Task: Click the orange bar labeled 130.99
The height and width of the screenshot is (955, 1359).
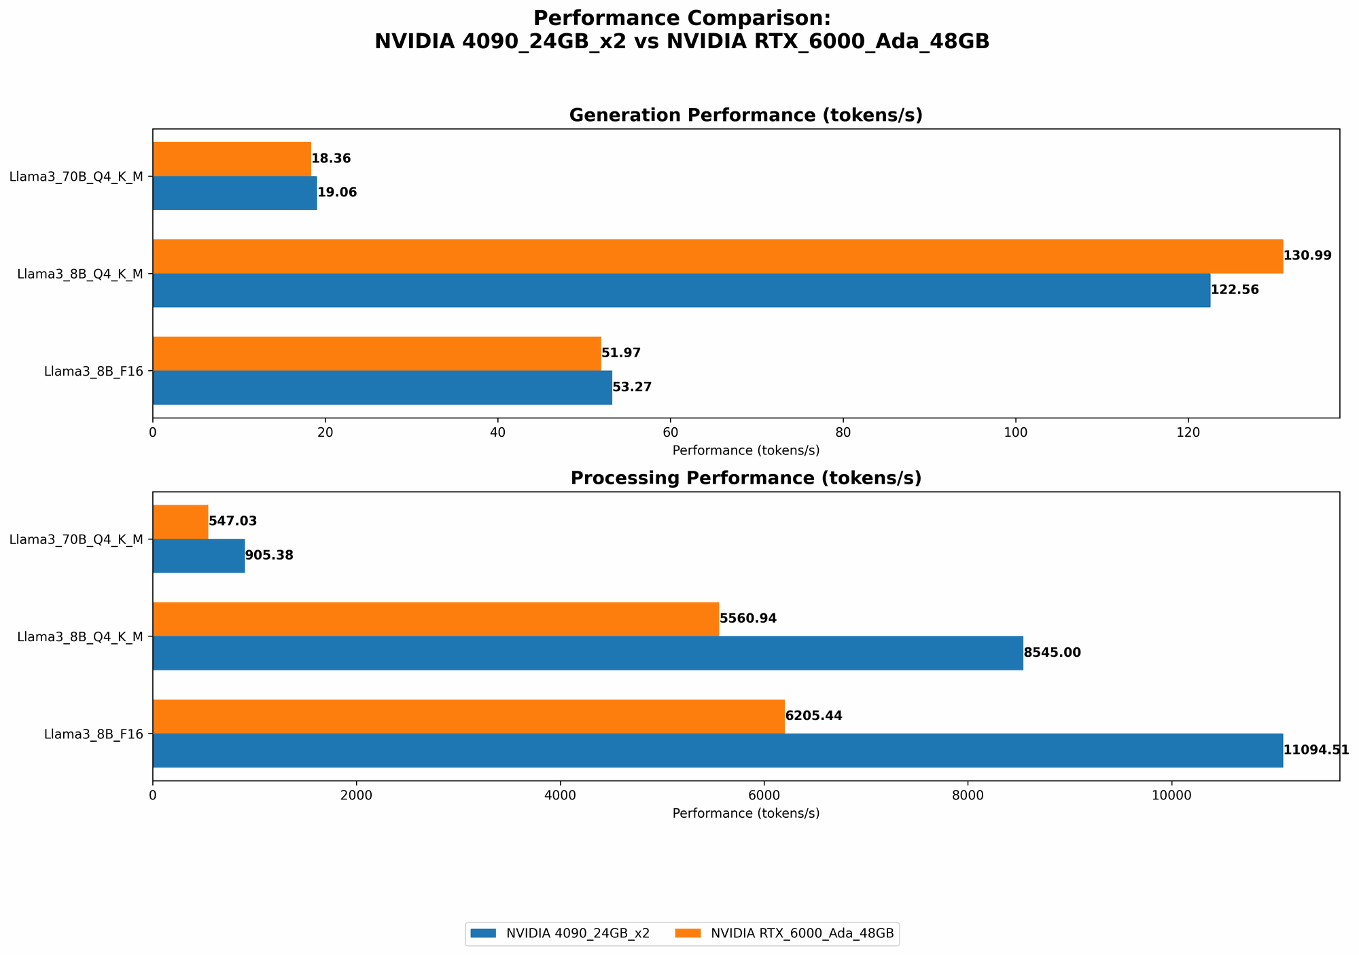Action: coord(718,256)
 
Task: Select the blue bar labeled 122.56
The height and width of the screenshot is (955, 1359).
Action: coord(682,290)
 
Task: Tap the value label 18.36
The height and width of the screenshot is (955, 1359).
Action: coord(331,159)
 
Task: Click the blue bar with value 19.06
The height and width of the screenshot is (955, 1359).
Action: coord(234,193)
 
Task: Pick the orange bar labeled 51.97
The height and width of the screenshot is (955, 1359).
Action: coord(376,353)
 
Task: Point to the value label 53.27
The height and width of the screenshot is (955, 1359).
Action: coord(632,387)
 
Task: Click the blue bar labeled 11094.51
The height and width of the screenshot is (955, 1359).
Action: coord(718,751)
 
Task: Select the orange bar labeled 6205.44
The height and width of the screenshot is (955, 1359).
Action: coord(469,716)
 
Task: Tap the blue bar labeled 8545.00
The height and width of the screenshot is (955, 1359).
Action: coord(588,653)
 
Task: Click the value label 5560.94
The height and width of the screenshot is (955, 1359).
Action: coord(747,619)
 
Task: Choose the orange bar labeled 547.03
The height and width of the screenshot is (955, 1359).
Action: coord(180,522)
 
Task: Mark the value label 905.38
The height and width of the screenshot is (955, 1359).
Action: coord(269,556)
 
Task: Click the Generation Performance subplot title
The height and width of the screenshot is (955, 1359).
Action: coord(745,115)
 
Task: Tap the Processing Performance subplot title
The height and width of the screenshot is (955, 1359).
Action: coord(745,478)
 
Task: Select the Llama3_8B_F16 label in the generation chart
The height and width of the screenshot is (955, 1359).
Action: coord(93,371)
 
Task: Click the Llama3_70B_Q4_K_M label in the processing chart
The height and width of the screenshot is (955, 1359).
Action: coord(76,539)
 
